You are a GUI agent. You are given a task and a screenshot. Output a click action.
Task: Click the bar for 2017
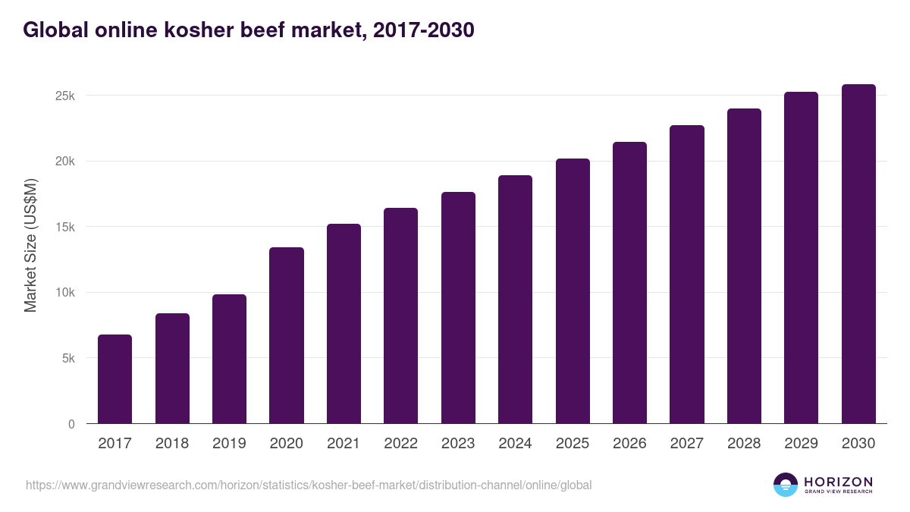(115, 379)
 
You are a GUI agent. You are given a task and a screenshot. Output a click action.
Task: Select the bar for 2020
(287, 335)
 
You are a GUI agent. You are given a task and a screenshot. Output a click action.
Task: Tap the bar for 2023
(458, 308)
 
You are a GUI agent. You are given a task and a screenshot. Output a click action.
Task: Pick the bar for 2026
(629, 283)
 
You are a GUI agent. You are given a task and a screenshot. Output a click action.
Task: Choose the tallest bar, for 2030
(858, 254)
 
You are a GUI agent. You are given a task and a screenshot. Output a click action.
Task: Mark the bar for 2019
(229, 359)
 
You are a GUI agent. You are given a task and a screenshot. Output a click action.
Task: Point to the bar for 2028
(744, 266)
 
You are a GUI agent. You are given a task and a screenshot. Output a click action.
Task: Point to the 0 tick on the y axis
(71, 424)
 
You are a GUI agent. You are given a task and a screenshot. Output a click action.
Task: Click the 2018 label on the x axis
(172, 444)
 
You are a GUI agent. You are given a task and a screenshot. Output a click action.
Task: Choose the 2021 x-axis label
(344, 444)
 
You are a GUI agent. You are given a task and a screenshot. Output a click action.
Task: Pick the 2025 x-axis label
(573, 444)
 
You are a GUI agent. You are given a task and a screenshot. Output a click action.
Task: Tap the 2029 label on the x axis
(802, 444)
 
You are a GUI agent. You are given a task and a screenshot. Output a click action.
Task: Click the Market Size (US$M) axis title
(31, 246)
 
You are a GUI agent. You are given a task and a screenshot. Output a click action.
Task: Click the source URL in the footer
(309, 485)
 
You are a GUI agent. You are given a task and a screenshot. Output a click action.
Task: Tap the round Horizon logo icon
(786, 485)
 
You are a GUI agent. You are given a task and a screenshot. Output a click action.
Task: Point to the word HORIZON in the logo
(838, 481)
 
